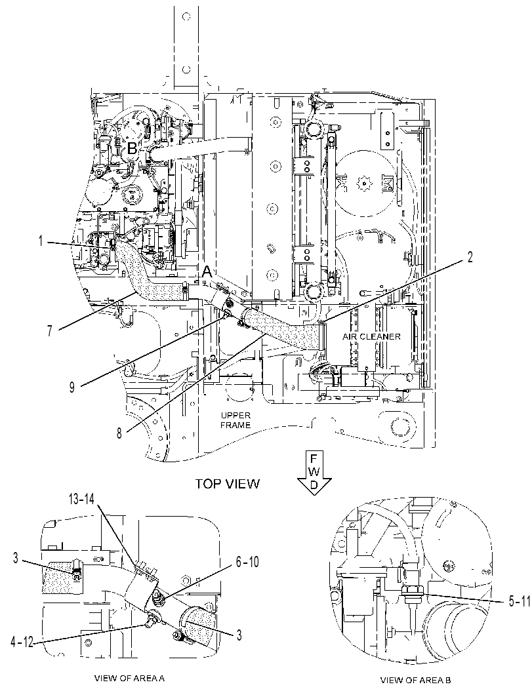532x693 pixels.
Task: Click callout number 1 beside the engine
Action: click(41, 242)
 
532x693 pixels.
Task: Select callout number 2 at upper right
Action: click(470, 257)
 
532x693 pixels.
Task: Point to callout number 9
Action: click(72, 387)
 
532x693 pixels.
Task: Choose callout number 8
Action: click(119, 433)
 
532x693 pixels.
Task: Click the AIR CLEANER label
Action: click(371, 336)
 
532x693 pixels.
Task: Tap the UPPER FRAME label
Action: click(235, 420)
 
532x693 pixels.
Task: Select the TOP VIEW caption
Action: click(228, 483)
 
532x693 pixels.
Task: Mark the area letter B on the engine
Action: click(132, 148)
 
